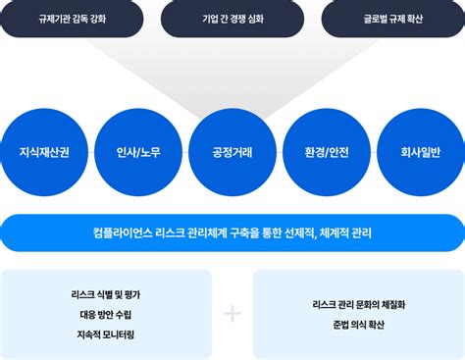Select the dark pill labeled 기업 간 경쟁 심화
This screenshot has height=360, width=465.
point(232,19)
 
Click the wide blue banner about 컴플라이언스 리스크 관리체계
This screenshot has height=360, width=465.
point(232,233)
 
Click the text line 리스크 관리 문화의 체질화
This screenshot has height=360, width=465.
point(358,304)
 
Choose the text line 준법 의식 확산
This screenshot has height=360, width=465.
point(358,325)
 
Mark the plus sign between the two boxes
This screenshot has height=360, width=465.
point(232,314)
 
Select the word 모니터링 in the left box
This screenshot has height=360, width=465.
point(122,334)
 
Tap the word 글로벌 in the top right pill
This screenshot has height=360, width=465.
point(375,19)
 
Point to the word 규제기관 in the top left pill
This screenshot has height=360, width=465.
point(55,19)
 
